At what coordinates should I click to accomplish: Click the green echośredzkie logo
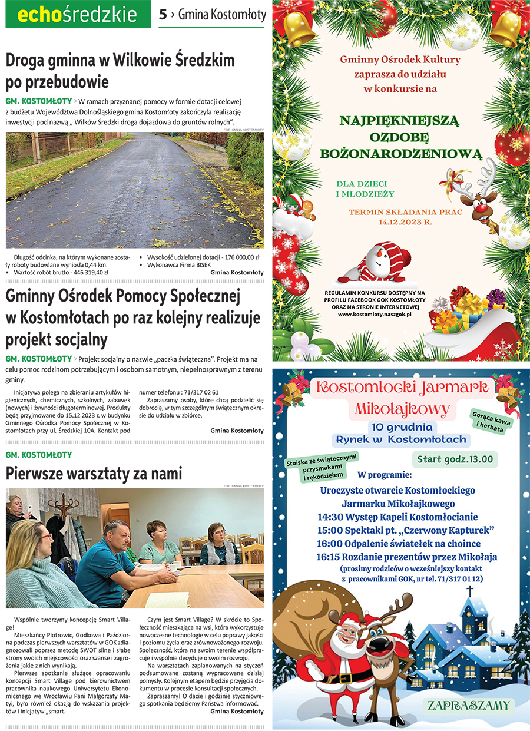coord(78,15)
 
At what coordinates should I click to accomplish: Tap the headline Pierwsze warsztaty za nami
coord(94,474)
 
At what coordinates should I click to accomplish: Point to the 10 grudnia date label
coord(401,427)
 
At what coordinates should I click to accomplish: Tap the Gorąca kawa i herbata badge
coord(491,419)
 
